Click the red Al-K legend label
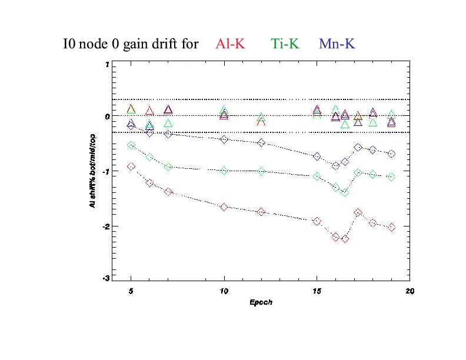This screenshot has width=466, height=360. coord(231,44)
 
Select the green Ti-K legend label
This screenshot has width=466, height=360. coord(285,44)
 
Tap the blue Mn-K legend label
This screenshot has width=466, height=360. coord(337,44)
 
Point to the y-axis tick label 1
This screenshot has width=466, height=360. coord(107,64)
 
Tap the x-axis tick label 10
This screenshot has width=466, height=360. coord(224,291)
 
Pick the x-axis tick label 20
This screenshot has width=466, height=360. coord(409,291)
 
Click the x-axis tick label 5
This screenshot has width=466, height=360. coord(131,291)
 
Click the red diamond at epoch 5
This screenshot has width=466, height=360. coord(131,166)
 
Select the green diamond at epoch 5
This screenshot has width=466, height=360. coord(131,145)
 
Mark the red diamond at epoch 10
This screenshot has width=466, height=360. coord(224,207)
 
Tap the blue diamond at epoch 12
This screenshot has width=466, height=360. coord(261,142)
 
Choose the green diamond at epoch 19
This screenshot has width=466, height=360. coord(391,176)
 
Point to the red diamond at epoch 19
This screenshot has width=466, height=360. coord(391,227)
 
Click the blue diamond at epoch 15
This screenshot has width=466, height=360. coord(317,156)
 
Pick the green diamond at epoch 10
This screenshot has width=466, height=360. coord(224,171)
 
